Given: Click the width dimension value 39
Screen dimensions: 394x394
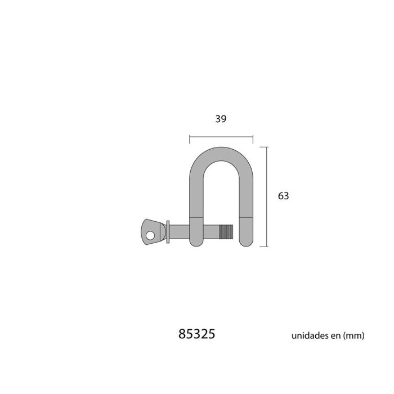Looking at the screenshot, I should (x=221, y=119).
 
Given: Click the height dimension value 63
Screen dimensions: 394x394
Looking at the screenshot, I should (x=283, y=196).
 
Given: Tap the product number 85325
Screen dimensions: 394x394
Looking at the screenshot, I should (x=196, y=334).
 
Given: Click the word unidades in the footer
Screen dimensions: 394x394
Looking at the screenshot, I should (x=310, y=335).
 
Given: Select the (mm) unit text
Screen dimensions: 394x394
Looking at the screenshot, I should (x=353, y=335).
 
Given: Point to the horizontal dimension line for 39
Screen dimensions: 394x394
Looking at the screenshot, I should (x=221, y=137).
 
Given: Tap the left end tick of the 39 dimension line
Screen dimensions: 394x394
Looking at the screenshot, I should (x=190, y=137).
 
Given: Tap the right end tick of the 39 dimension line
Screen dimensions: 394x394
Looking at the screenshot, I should (x=253, y=137).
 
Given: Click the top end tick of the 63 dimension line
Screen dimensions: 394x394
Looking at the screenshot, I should (x=266, y=146).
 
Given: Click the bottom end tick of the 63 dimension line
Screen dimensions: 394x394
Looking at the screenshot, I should (x=266, y=246).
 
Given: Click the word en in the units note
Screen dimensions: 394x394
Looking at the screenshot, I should (x=335, y=335).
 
